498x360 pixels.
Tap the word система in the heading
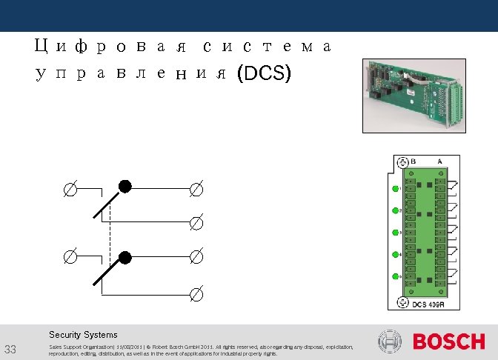266,47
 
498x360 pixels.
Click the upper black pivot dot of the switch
125,187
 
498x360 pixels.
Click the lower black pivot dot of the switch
125,257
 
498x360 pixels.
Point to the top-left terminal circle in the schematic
68,190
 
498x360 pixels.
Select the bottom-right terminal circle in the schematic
196,296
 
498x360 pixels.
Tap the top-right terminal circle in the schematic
196,190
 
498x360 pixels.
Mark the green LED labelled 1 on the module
395,188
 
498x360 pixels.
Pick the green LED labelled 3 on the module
395,233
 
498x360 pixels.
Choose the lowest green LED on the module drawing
395,276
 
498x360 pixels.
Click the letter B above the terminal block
414,161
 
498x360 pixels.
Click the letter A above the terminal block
440,161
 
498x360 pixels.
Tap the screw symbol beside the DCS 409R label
402,302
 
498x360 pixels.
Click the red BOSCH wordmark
448,342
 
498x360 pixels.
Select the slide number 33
10,350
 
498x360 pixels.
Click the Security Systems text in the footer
83,335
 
